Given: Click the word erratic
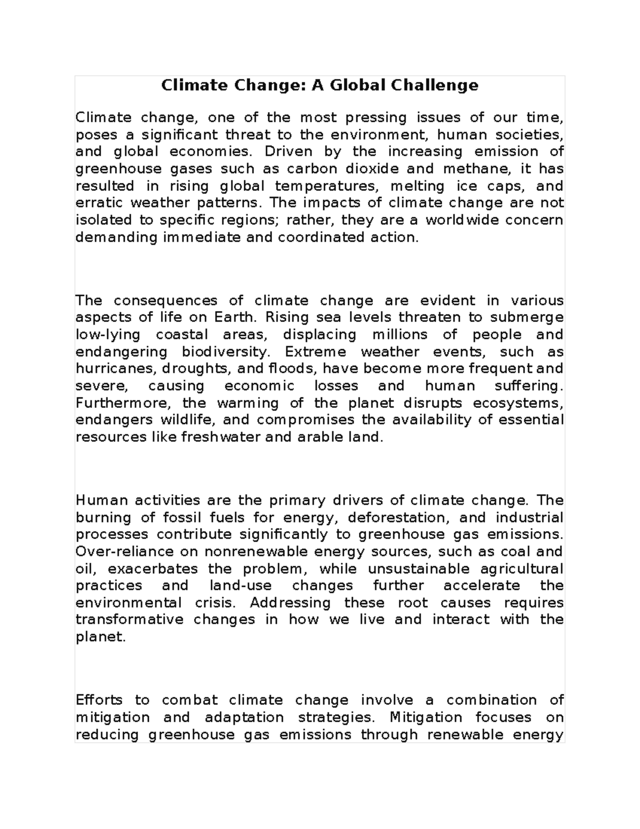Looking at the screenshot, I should pos(99,203).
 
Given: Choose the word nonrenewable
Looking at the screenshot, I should pos(257,552).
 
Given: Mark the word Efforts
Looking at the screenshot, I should pos(99,700).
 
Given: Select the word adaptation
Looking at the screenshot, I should pos(244,717).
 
